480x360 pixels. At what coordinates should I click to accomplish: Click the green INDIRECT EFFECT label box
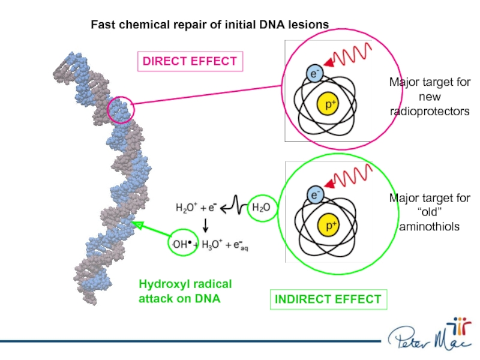[328, 299]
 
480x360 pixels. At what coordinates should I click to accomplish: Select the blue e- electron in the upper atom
[315, 73]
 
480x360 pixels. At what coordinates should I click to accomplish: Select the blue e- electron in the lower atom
[315, 194]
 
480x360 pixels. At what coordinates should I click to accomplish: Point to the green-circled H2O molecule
[260, 208]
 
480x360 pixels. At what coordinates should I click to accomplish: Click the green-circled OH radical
[182, 244]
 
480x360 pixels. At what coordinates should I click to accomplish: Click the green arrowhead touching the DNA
[137, 226]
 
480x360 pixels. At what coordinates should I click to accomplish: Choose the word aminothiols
[429, 226]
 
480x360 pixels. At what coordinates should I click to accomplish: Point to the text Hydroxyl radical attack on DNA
[185, 291]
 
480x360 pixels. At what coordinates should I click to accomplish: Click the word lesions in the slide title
[310, 25]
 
